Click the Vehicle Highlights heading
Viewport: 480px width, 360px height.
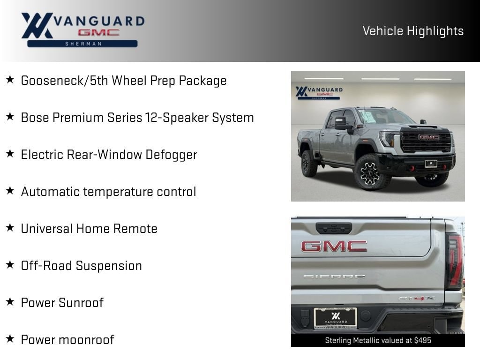point(413,31)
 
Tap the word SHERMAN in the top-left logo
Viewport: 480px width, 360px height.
point(83,44)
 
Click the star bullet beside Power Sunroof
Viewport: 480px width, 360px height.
point(10,301)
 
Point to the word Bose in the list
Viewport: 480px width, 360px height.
point(35,118)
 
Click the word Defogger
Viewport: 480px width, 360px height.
point(171,155)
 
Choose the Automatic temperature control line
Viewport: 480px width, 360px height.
point(108,192)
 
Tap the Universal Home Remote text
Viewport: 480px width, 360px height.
point(89,229)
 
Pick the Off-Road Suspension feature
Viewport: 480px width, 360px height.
point(82,266)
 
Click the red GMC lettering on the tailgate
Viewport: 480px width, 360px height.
point(334,246)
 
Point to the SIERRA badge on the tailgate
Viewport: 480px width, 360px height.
point(334,277)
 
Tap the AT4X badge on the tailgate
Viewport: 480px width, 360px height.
point(416,298)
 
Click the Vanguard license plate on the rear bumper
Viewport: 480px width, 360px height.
point(336,318)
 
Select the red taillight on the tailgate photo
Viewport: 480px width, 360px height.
point(455,261)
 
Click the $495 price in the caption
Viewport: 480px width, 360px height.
point(423,340)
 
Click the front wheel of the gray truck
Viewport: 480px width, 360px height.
point(370,172)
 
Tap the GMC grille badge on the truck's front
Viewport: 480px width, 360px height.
point(429,137)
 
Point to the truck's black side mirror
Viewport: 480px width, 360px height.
point(341,123)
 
